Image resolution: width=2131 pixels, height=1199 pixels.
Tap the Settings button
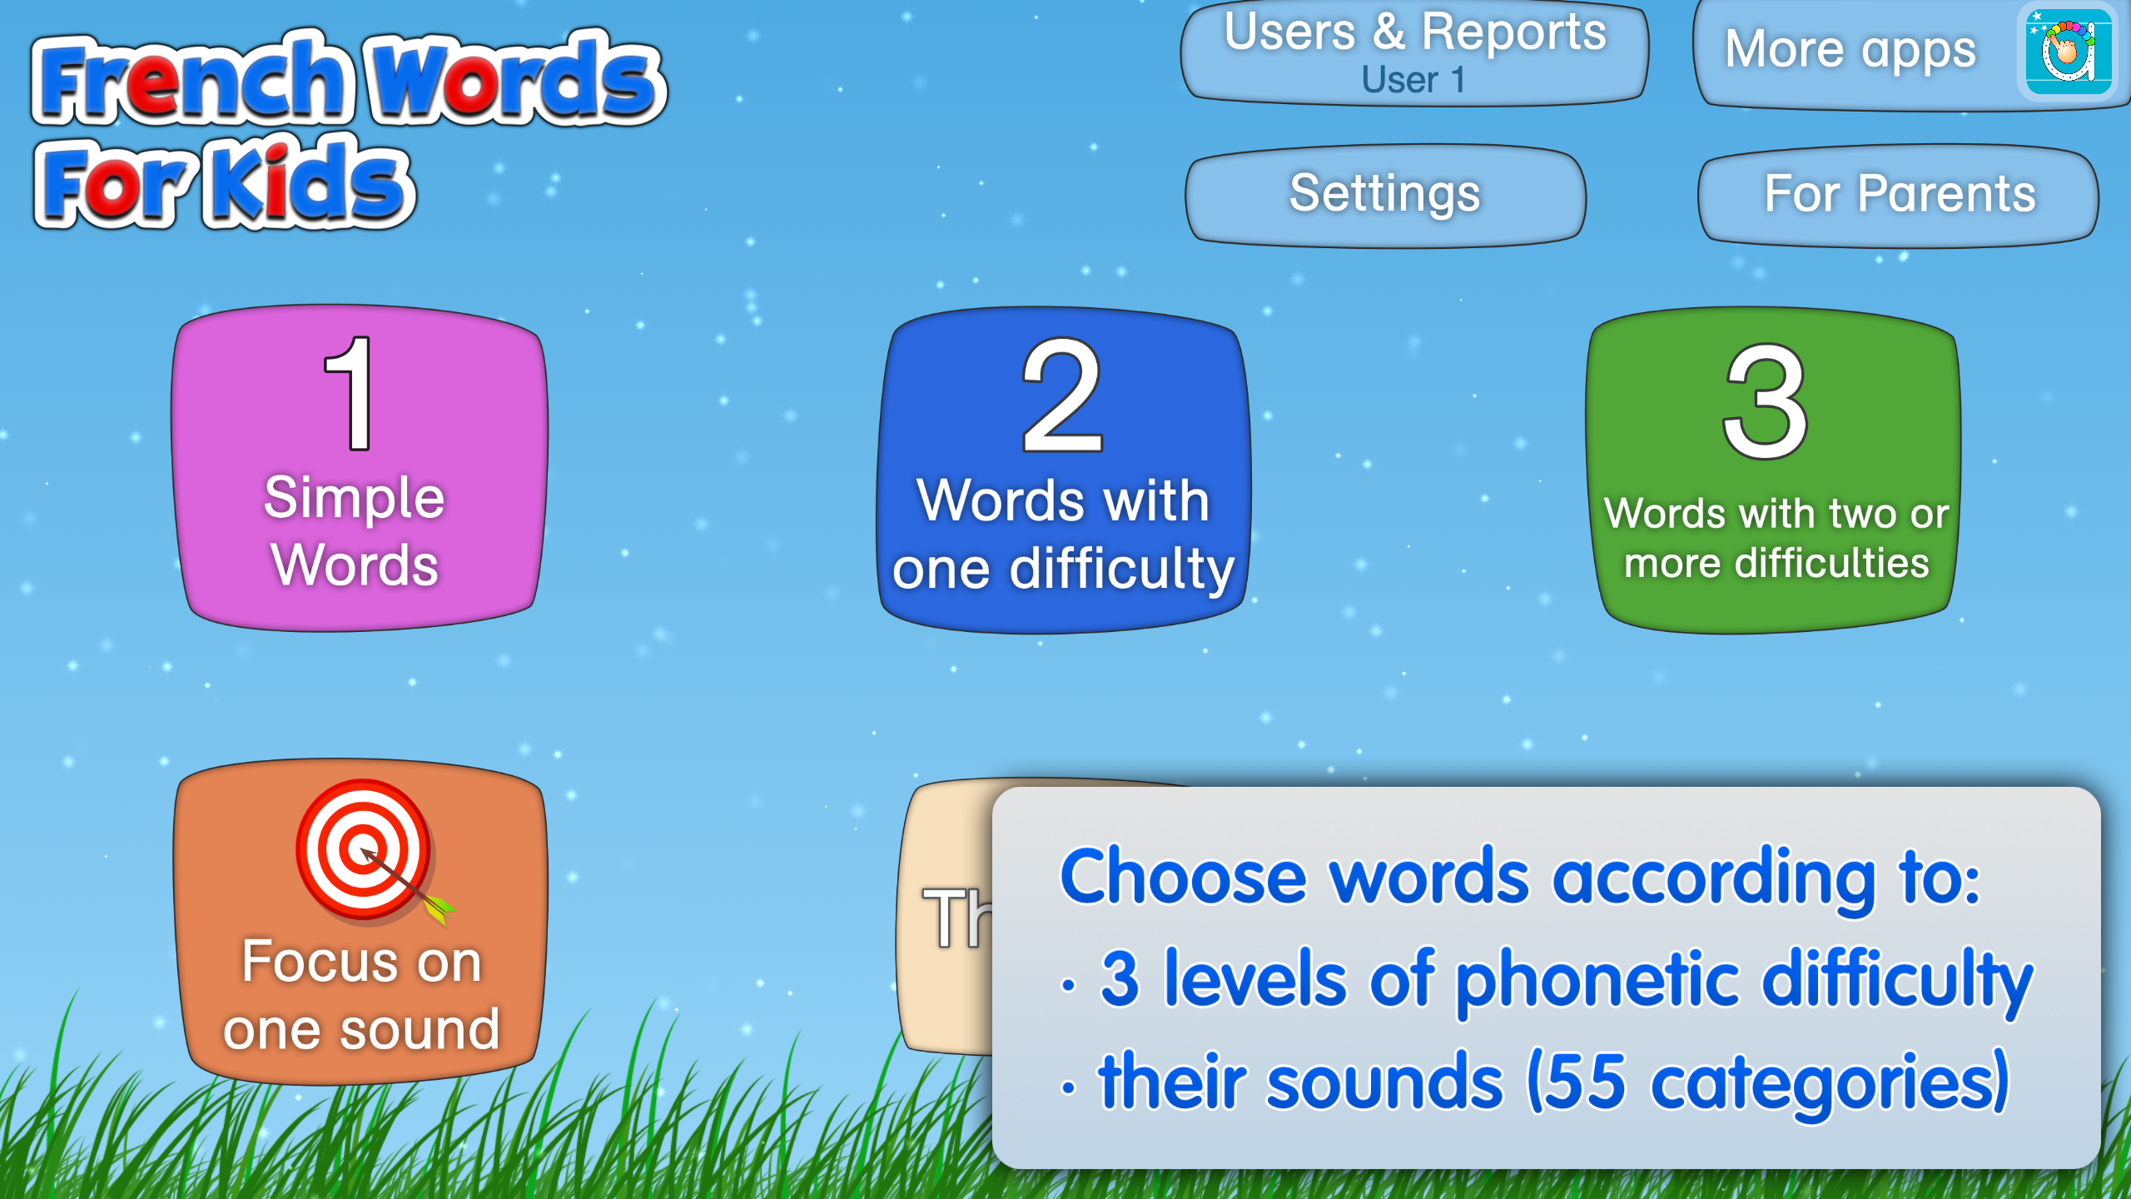(1385, 196)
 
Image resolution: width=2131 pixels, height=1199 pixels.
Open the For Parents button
(1899, 196)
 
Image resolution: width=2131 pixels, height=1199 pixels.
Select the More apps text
(1850, 49)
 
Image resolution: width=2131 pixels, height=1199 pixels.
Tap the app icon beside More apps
(2068, 52)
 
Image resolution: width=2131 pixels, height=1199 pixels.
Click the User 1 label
(1413, 80)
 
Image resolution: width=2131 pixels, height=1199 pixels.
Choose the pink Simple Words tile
(360, 468)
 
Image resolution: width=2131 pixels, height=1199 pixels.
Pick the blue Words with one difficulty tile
(1063, 470)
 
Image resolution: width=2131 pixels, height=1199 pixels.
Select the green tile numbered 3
(1774, 470)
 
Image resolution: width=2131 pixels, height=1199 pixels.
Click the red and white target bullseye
(364, 849)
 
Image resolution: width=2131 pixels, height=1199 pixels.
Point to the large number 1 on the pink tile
(350, 392)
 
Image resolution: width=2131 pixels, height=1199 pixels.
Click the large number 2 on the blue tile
(1063, 395)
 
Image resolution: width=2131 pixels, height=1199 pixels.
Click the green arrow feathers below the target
(440, 908)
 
